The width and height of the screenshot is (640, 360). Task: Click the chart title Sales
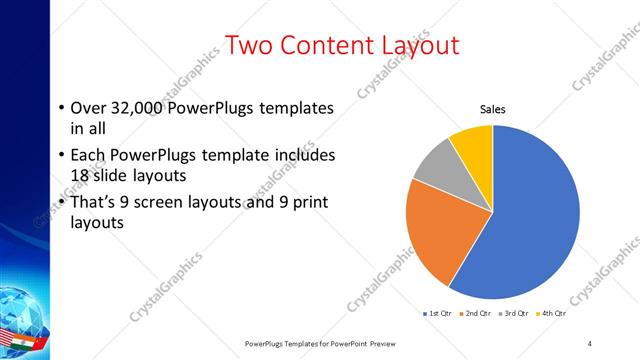(493, 109)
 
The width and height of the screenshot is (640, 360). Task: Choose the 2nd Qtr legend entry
(475, 313)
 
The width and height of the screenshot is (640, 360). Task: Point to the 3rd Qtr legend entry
(514, 313)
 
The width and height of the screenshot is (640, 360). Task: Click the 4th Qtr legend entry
(552, 313)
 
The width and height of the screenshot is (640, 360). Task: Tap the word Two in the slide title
(250, 46)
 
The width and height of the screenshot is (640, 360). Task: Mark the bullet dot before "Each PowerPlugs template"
(61, 156)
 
